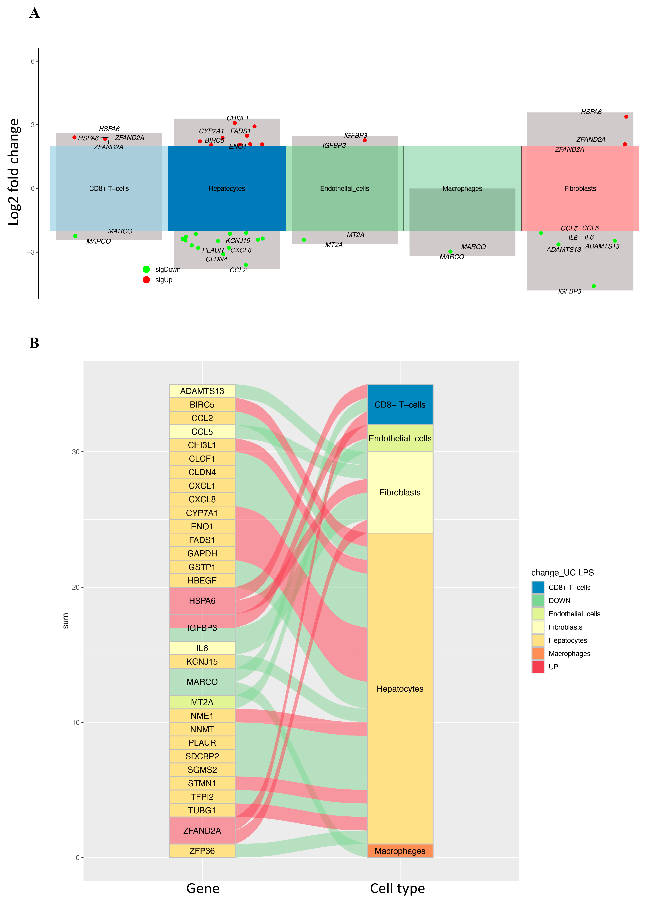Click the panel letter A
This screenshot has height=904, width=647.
pyautogui.click(x=35, y=13)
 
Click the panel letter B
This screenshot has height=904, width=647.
pyautogui.click(x=34, y=343)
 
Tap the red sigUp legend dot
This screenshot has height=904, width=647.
pyautogui.click(x=146, y=280)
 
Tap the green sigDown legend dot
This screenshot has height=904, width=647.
pyautogui.click(x=146, y=269)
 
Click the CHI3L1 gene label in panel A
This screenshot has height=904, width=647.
pyautogui.click(x=237, y=118)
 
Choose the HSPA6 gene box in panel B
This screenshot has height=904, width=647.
pyautogui.click(x=202, y=601)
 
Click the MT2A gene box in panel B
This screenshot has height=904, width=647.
pyautogui.click(x=202, y=702)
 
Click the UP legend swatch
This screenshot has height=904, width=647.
pyautogui.click(x=538, y=667)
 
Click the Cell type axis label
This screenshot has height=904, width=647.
pyautogui.click(x=397, y=889)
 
